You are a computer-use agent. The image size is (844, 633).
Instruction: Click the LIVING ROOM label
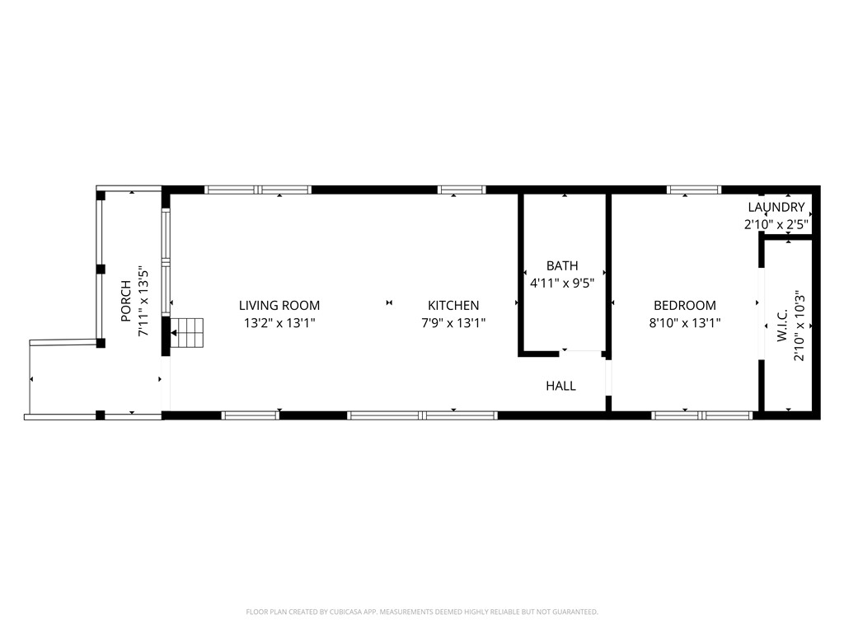coord(279,305)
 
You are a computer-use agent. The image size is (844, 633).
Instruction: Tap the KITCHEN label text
coord(453,305)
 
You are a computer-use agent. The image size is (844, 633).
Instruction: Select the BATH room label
coord(562,265)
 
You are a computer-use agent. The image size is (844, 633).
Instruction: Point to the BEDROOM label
coord(685,305)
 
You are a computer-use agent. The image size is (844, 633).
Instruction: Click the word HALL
coord(560,386)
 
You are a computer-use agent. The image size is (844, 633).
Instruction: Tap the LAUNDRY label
coord(776,207)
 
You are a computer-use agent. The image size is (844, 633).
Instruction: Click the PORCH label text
coord(125,301)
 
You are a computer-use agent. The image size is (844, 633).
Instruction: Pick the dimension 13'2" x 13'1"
coord(279,324)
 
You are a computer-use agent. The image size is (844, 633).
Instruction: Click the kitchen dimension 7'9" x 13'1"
coord(453,324)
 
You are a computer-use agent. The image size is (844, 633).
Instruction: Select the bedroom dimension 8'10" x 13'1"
coord(685,324)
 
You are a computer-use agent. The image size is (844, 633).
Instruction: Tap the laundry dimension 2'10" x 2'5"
coord(776,223)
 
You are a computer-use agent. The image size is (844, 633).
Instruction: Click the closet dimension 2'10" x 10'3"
coord(798,326)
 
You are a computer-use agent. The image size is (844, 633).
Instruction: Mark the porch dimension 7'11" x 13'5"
coord(143,301)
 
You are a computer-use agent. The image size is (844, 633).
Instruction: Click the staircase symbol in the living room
coord(187,332)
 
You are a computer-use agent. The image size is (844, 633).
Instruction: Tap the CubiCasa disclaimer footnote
coord(422,612)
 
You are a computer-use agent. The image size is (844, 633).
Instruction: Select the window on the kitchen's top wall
coord(462,190)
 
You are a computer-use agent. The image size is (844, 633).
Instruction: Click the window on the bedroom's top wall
coord(694,190)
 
